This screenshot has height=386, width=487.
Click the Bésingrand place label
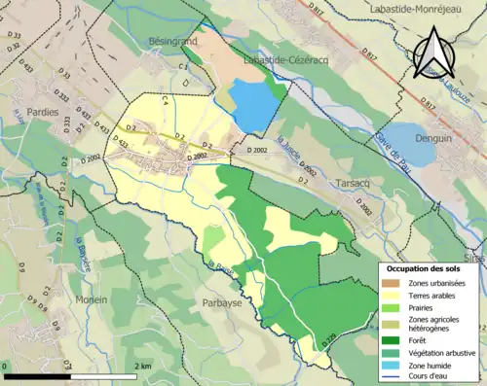173,43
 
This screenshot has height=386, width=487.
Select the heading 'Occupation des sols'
424,267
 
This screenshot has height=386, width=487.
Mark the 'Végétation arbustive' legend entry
434,352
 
